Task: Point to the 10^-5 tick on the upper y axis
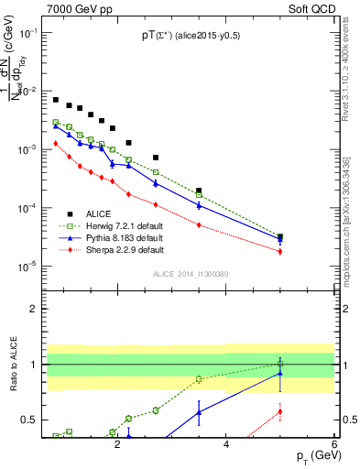(26, 267)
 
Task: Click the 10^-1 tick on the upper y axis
(26, 33)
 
